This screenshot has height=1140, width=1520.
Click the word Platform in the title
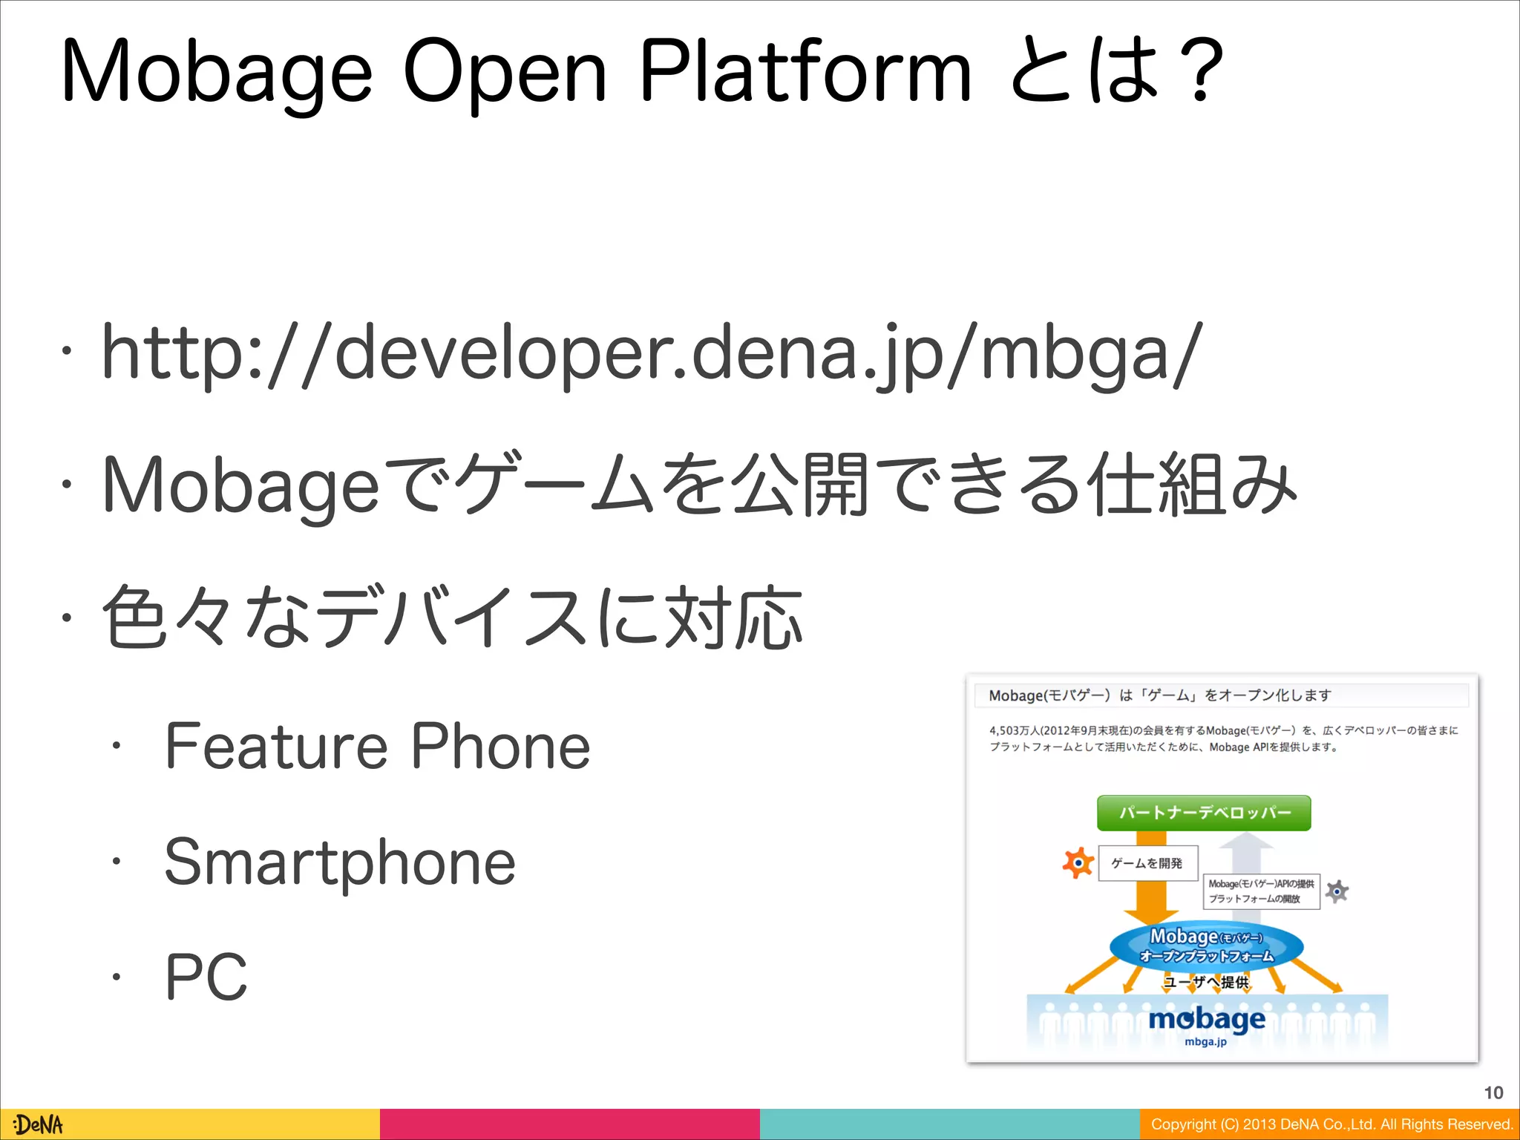(805, 72)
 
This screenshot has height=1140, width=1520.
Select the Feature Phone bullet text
(377, 747)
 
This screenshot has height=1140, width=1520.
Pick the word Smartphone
(339, 862)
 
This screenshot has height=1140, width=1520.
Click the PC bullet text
(206, 977)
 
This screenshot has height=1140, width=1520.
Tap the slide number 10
(1493, 1092)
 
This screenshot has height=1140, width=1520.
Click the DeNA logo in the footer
(39, 1124)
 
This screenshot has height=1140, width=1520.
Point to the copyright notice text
(1331, 1124)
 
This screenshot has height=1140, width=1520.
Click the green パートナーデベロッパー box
(1204, 813)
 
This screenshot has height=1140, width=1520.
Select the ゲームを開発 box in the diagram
(1147, 863)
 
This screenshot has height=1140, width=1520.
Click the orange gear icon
(1078, 863)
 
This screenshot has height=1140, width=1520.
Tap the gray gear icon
(1337, 891)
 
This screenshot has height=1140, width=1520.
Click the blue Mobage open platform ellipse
(1206, 946)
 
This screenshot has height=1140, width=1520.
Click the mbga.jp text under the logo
(1205, 1042)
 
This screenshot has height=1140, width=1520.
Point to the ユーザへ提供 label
(1206, 982)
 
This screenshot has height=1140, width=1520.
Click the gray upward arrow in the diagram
(1247, 854)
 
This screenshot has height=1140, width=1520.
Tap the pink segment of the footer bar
(569, 1124)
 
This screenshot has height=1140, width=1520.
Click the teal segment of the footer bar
(949, 1124)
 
